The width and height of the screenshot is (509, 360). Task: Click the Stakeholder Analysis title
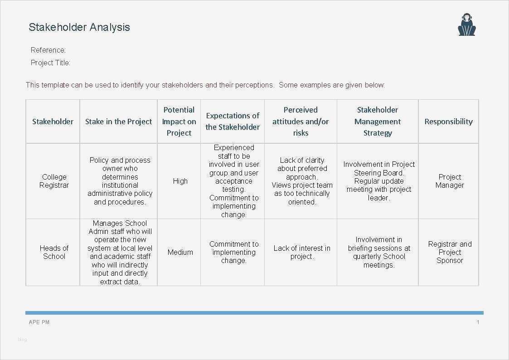[79, 27]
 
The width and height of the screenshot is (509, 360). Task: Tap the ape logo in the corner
[466, 24]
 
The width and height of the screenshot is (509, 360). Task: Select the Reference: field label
[48, 50]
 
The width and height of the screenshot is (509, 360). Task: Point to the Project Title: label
[50, 63]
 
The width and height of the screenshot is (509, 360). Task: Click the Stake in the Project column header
[118, 122]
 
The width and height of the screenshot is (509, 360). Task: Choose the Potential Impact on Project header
[179, 122]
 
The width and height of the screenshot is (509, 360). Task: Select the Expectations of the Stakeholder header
[233, 122]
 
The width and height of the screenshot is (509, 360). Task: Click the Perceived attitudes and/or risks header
[301, 122]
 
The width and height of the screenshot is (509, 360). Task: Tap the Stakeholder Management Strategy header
[378, 122]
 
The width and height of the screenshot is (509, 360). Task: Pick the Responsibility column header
[449, 122]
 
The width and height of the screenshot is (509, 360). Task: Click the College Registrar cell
[54, 181]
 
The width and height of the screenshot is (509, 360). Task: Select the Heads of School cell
[54, 252]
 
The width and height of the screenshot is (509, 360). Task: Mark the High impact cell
[180, 181]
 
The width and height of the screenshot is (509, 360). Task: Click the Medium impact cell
[180, 252]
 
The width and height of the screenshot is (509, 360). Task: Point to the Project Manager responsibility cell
[450, 181]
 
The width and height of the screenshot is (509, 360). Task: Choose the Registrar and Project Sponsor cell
[450, 252]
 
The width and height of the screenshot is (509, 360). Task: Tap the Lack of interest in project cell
[302, 252]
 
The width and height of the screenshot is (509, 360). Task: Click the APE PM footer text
[39, 322]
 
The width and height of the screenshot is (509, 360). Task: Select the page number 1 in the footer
[478, 322]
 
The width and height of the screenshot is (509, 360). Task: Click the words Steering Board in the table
[379, 173]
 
